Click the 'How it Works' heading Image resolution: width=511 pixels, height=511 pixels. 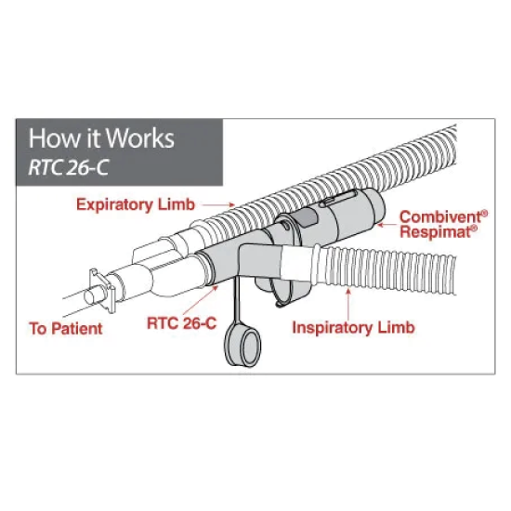tap(101, 138)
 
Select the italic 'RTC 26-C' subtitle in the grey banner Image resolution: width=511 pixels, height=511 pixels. tap(69, 168)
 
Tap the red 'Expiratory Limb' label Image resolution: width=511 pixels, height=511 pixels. tap(136, 205)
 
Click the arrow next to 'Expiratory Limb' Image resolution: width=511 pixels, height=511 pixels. tap(218, 205)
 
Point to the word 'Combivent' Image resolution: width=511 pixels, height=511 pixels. tap(440, 217)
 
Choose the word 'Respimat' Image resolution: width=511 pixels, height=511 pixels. tap(436, 232)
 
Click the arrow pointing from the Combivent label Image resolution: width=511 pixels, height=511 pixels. tap(387, 225)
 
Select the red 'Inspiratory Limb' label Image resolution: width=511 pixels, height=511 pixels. tap(353, 328)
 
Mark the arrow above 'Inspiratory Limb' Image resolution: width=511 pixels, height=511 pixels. tap(348, 304)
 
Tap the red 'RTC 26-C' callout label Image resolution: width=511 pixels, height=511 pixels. tap(181, 323)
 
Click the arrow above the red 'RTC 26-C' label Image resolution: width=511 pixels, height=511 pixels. tap(201, 300)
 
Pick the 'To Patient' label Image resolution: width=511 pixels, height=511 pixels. tap(66, 329)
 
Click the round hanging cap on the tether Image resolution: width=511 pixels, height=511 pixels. tap(242, 347)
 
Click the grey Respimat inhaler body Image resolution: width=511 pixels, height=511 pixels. tap(329, 216)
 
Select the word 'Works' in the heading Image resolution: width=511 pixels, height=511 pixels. tap(140, 138)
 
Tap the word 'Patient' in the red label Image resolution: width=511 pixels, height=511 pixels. tap(77, 329)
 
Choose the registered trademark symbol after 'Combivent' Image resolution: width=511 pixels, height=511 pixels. tap(485, 214)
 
